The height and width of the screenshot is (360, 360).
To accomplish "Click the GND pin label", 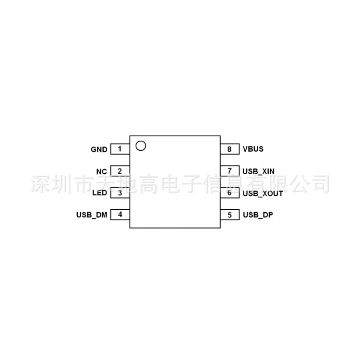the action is pos(99,149).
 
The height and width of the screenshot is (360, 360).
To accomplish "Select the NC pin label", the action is pos(101,171).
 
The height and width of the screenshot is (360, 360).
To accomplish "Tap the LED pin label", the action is pos(100,193).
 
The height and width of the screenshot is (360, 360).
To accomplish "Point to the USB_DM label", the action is pos(92,215).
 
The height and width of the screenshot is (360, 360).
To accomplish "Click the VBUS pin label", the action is pos(253,149).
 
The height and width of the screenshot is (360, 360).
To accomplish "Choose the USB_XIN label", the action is pos(259,171).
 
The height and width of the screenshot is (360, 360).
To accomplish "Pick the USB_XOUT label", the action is pos(263,193).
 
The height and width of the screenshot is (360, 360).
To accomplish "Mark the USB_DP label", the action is pos(258,215).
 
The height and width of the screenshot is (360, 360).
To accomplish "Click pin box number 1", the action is pos(120,149).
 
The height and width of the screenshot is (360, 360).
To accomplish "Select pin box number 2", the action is pos(120,171).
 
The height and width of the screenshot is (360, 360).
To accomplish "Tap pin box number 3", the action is pos(120,193).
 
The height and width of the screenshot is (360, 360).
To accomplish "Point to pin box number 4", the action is pos(120,215).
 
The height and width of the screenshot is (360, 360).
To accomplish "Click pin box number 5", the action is pos(230,215).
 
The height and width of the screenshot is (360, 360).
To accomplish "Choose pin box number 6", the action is pos(230,193).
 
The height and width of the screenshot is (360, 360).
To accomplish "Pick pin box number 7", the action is pos(230,171).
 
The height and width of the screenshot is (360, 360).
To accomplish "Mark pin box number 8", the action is pos(230,149).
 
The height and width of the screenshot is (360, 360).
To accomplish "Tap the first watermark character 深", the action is pos(40,184).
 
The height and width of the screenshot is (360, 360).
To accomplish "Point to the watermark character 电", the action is pos(170,184).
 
